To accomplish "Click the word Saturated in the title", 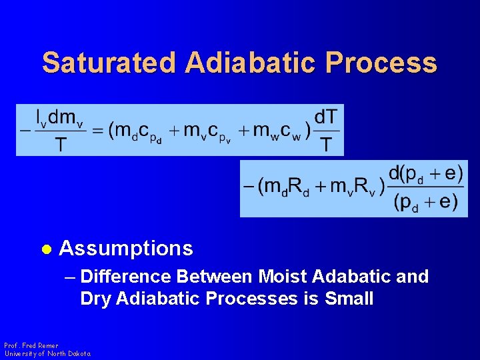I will coord(109,63).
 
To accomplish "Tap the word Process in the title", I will coord(381,63).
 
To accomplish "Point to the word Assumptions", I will coord(126,249).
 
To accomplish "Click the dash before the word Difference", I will coord(70,276).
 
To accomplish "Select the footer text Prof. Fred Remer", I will coord(31,345).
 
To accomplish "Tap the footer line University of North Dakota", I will coord(47,353).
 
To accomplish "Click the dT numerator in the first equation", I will coord(326,117).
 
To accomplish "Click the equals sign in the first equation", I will coord(98,131).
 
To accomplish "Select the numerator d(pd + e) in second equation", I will coord(425,174).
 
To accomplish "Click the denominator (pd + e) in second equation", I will coord(425,202).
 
